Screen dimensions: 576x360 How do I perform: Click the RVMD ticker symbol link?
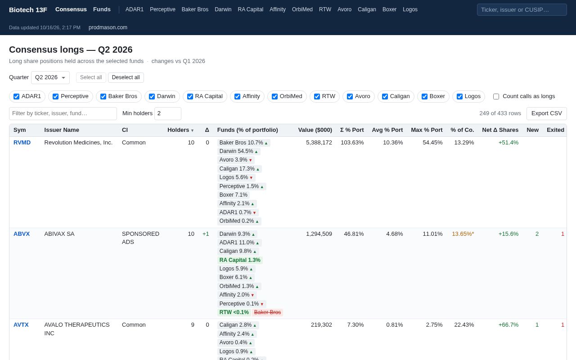(22, 143)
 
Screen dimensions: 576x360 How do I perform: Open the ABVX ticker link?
(22, 234)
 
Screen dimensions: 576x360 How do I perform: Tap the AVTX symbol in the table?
(21, 325)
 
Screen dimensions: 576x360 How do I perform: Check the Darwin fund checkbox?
(152, 96)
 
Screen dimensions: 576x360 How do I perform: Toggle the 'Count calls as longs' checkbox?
(496, 96)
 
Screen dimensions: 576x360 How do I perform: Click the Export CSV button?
(546, 113)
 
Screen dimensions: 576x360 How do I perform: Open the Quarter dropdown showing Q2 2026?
(50, 77)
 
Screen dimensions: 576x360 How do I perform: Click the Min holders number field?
(168, 113)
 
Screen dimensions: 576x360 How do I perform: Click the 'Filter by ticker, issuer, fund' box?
(63, 113)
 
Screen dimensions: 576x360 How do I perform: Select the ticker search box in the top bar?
(522, 10)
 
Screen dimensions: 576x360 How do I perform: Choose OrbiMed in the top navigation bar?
(302, 9)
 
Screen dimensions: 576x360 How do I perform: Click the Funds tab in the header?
(102, 9)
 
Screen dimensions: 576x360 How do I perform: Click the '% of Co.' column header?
(462, 130)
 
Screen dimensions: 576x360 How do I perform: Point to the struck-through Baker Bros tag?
(267, 312)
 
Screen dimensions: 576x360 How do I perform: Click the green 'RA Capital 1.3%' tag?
(240, 260)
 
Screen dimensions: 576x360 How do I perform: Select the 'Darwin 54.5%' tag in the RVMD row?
(238, 151)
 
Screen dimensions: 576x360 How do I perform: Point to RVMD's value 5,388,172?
(319, 143)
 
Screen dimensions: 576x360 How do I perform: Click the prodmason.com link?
(108, 27)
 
